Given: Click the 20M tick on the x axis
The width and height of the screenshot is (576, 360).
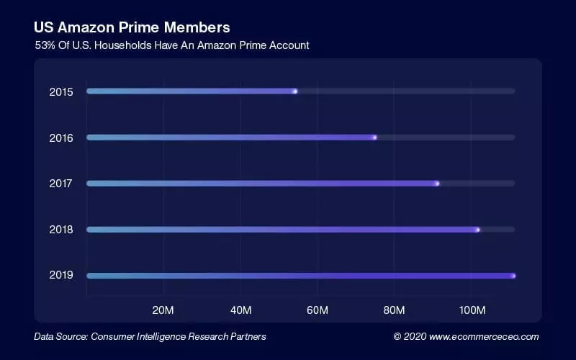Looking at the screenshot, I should (x=163, y=310).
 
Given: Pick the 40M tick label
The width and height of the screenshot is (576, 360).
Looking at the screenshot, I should (x=240, y=310).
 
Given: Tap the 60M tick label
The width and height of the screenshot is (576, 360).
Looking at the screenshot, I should (x=317, y=310).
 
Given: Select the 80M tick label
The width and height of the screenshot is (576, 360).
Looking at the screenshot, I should (x=394, y=310).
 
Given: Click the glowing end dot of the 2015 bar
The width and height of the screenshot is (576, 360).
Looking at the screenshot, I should (x=294, y=91).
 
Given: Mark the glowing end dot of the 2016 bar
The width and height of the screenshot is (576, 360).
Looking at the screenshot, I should (x=374, y=138).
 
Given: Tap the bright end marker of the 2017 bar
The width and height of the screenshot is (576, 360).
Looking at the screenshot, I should (x=437, y=184).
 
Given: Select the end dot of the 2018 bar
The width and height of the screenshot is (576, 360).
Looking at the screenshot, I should (x=477, y=230).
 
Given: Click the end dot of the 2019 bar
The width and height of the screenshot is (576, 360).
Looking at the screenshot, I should (x=513, y=276).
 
